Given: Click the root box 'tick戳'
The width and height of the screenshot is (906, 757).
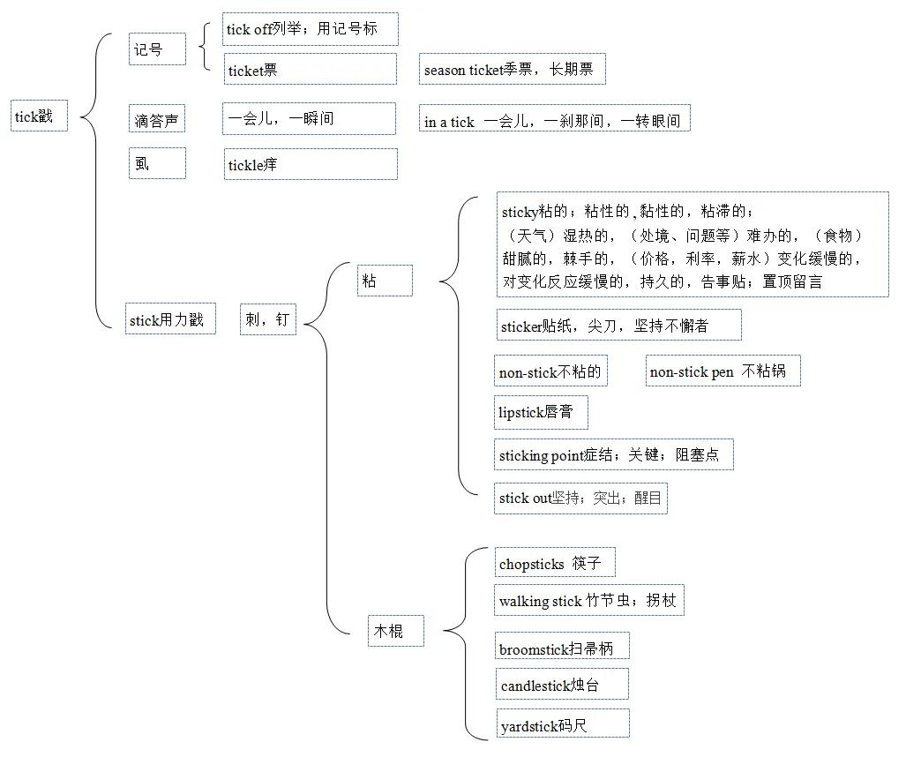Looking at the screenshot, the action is point(40,116).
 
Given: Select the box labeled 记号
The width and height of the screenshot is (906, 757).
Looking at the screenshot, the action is point(157,49).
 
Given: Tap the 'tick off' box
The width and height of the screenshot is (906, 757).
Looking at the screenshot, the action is point(311,29).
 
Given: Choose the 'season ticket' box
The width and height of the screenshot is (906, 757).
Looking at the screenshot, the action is point(512,70).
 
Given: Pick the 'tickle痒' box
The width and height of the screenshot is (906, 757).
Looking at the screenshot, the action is point(311,164).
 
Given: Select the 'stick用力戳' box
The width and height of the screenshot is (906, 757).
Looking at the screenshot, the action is point(170,319).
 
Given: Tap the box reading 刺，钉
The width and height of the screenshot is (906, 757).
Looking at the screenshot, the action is point(268,319).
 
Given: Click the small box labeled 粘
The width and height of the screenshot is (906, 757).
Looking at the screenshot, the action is point(385,281).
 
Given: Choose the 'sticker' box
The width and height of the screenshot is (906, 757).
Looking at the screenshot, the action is point(618,325).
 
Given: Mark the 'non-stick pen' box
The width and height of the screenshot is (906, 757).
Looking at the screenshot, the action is point(723,371).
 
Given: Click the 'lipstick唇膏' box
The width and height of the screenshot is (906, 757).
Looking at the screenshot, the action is point(541,413).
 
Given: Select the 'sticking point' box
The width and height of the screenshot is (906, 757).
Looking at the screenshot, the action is point(614,454).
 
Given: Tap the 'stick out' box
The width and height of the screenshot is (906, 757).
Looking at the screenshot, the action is point(580,498).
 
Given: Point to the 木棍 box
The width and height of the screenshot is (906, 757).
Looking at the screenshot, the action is point(396,631).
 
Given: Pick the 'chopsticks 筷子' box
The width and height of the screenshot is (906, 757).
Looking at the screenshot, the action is point(555,562).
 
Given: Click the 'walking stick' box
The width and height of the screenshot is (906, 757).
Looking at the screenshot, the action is point(588,600).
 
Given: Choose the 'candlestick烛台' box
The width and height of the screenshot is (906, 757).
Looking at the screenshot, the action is point(562,684).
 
